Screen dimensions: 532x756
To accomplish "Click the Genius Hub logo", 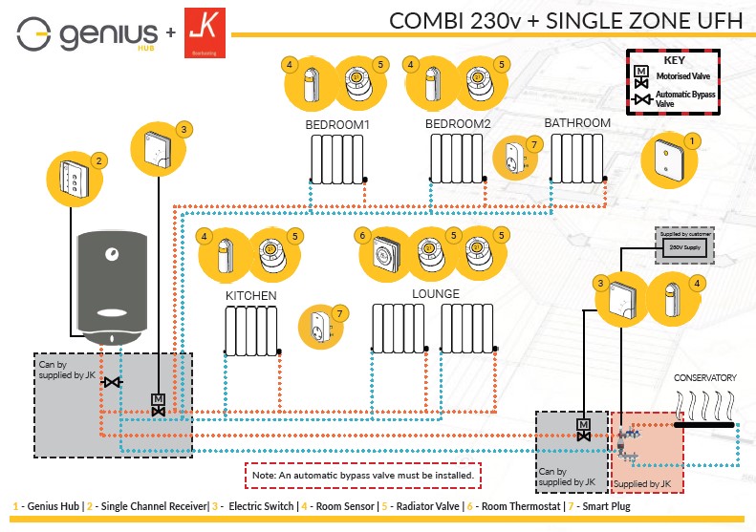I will click(87, 35).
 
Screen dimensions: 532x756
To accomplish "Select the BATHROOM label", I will click(577, 123).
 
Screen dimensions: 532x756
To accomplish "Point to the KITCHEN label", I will click(251, 296).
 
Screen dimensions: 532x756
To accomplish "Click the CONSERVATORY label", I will click(706, 377).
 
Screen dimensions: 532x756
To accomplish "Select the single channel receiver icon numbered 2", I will click(74, 179).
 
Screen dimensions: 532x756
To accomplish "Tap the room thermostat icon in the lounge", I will click(385, 253).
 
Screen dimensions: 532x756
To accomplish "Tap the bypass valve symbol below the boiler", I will click(114, 383).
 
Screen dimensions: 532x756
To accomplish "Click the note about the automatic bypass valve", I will click(361, 474).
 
